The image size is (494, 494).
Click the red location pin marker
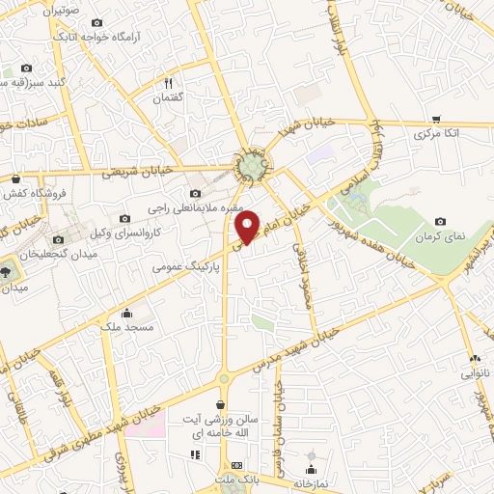248,226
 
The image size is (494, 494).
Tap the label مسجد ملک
127,327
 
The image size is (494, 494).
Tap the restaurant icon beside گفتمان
168,84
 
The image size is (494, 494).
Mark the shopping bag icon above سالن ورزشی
222,405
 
